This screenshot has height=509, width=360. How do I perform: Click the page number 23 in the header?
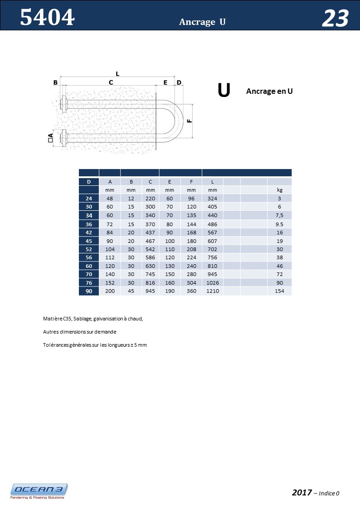pyautogui.click(x=335, y=19)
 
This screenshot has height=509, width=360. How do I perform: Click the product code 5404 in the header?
pyautogui.click(x=47, y=18)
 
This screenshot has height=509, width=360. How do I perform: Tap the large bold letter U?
pyautogui.click(x=224, y=90)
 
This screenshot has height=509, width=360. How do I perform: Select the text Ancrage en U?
pyautogui.click(x=269, y=91)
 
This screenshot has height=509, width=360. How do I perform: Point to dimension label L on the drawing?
pyautogui.click(x=117, y=73)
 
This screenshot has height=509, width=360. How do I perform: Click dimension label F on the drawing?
pyautogui.click(x=189, y=121)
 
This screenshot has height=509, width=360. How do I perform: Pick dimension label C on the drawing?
pyautogui.click(x=111, y=82)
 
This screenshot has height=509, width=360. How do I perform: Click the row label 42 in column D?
pyautogui.click(x=89, y=233)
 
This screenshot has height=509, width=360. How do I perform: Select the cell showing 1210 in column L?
pyautogui.click(x=213, y=291)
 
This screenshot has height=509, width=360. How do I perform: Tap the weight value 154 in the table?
pyautogui.click(x=279, y=291)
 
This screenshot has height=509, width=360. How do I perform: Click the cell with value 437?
pyautogui.click(x=151, y=233)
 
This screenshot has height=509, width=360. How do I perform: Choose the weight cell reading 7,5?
pyautogui.click(x=279, y=215)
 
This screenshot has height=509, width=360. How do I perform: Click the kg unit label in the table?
pyautogui.click(x=279, y=190)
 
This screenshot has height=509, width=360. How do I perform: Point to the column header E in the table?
pyautogui.click(x=170, y=182)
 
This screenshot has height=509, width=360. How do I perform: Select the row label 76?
pyautogui.click(x=89, y=282)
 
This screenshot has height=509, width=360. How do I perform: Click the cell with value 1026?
pyautogui.click(x=213, y=282)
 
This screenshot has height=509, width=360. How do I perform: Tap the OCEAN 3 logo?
pyautogui.click(x=39, y=491)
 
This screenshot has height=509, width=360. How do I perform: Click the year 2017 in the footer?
pyautogui.click(x=302, y=493)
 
